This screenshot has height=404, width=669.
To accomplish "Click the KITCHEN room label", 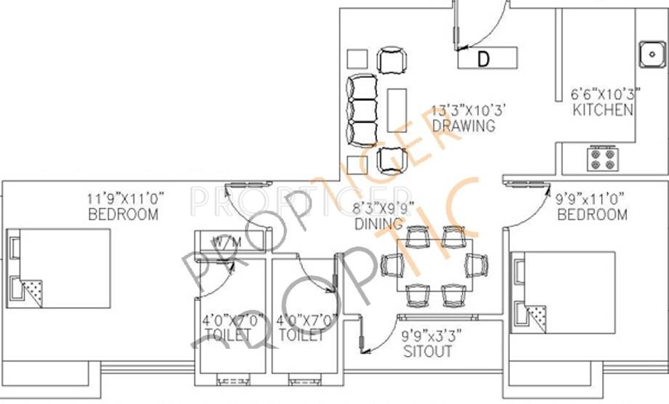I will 602,111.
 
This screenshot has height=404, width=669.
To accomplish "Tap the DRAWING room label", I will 463,126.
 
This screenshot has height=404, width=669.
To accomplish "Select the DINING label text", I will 378,225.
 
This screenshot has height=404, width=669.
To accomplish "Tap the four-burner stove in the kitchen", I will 602,158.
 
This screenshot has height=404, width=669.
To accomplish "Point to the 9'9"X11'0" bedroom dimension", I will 591,198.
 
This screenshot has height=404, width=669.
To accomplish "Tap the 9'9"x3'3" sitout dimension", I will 431,336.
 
